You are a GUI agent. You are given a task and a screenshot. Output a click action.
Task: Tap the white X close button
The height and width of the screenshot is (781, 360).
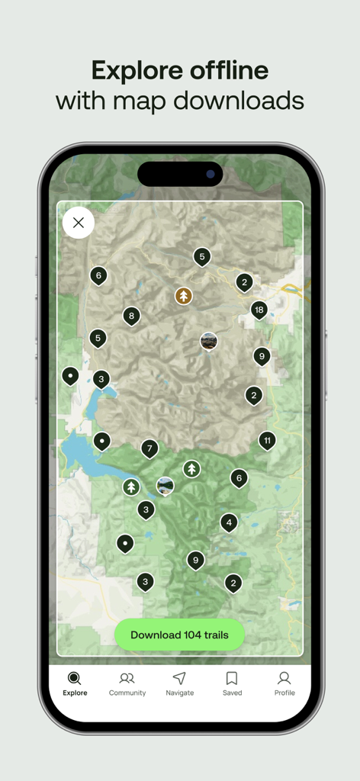point(78,223)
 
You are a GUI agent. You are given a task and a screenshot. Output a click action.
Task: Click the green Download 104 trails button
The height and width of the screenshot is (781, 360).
point(179,635)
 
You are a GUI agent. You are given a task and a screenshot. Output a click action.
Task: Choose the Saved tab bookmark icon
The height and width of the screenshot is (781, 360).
point(232,678)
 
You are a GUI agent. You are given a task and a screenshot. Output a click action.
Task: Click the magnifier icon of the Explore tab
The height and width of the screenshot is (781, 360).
point(75,678)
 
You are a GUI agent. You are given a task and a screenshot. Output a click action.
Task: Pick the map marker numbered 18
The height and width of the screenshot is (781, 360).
point(259,309)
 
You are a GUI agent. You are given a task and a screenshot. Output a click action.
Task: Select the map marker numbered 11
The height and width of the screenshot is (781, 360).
point(267,440)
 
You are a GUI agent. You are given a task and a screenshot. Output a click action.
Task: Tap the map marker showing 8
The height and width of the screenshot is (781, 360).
point(131,315)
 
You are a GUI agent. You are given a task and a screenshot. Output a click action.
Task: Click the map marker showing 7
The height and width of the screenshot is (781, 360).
point(149,448)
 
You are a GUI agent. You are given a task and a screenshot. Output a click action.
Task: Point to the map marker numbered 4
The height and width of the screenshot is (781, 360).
point(228,522)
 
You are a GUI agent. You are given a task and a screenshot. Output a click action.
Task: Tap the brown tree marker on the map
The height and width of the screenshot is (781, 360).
point(183,295)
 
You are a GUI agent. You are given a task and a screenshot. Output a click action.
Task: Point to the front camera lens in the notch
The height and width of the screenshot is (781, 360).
point(210,174)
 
